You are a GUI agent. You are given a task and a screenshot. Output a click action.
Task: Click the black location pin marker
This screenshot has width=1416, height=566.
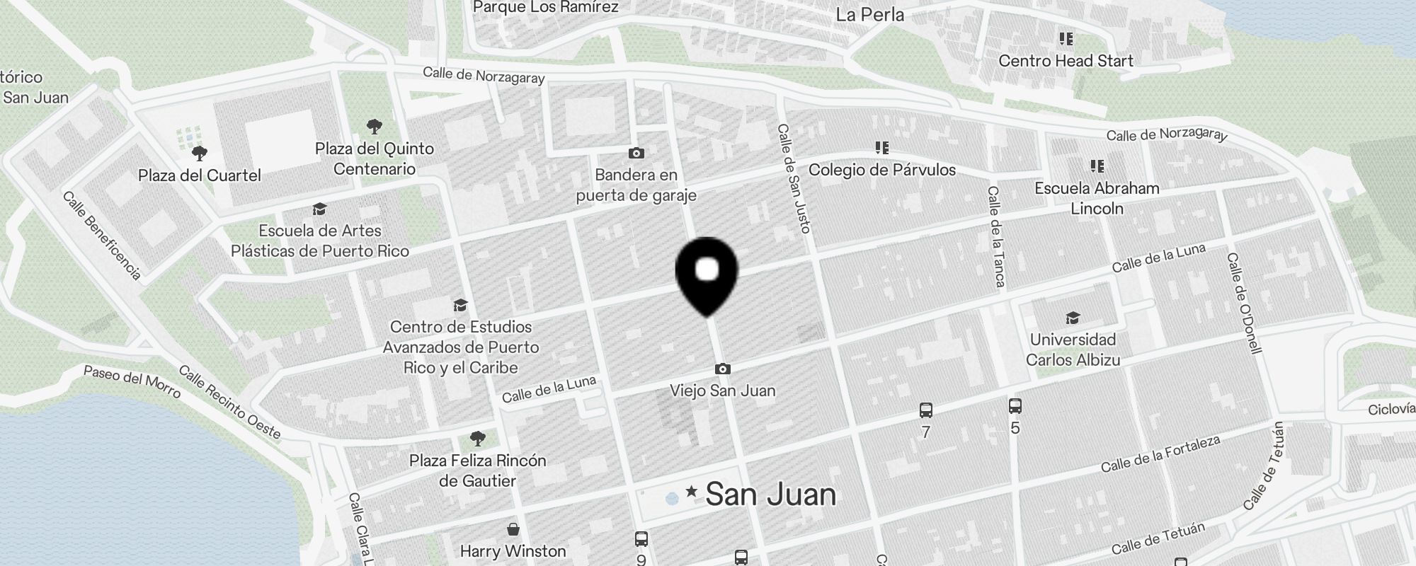click(x=707, y=276)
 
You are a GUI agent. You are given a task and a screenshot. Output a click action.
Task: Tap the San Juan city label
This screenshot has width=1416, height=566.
click(x=770, y=494)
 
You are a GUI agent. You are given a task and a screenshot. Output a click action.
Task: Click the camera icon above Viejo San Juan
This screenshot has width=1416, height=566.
click(x=722, y=369)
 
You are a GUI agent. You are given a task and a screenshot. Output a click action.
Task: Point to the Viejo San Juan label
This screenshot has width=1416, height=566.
click(x=722, y=391)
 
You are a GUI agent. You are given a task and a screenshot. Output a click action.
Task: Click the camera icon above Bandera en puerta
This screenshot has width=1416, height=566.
click(x=636, y=153)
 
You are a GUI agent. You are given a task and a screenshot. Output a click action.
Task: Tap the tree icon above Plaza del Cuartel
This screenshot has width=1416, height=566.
click(x=200, y=153)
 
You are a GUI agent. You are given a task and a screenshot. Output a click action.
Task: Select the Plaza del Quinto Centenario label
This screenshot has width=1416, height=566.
click(x=374, y=158)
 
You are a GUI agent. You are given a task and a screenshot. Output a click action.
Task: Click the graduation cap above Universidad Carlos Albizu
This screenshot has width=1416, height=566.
click(x=1073, y=318)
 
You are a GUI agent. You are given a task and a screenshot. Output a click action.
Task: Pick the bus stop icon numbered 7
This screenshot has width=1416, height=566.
click(x=925, y=410)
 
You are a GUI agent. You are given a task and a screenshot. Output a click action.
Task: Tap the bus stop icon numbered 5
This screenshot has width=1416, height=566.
click(x=1015, y=406)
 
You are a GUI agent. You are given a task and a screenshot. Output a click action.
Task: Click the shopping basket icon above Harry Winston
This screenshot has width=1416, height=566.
click(x=513, y=529)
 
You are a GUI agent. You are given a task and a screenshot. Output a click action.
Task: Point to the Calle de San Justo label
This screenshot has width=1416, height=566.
click(x=794, y=178)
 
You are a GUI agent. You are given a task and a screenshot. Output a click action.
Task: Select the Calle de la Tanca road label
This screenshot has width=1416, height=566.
click(x=996, y=236)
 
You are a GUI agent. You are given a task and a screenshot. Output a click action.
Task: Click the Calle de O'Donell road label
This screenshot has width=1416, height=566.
click(x=1244, y=303)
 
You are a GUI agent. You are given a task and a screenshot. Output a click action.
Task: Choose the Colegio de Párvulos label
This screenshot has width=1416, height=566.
click(x=881, y=170)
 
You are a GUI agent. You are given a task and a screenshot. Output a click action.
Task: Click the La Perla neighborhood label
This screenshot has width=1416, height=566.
click(x=869, y=14)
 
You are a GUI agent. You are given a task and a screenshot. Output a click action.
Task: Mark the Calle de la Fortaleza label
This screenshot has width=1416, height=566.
click(x=1160, y=454)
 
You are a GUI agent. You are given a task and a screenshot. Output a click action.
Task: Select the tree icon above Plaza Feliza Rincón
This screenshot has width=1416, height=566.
click(x=478, y=439)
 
